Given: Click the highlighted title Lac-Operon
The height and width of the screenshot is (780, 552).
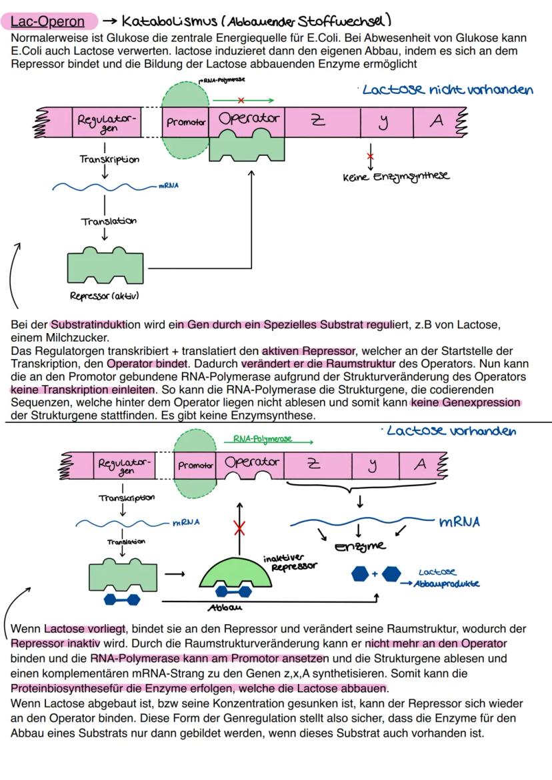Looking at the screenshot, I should pyautogui.click(x=47, y=21).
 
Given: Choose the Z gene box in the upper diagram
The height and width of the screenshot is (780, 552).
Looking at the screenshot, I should pyautogui.click(x=319, y=121).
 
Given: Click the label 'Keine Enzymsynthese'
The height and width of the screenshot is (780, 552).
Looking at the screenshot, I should pyautogui.click(x=395, y=177).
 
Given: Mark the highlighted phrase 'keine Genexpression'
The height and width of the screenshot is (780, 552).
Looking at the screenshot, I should pyautogui.click(x=465, y=402).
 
